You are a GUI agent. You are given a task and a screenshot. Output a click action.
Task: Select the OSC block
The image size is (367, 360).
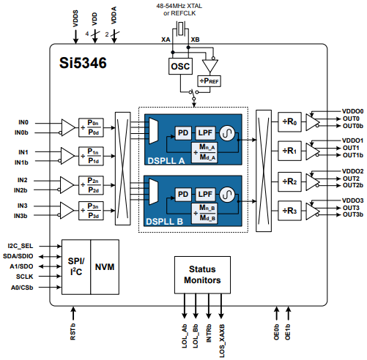(x=179, y=66)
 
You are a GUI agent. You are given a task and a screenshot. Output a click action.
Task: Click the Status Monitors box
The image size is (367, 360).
(x=201, y=275)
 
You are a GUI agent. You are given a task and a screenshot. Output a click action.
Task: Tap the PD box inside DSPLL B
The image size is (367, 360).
(x=183, y=193)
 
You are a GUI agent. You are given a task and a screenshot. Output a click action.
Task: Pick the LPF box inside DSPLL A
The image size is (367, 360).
(x=204, y=132)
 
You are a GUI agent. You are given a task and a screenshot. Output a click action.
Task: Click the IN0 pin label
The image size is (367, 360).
(x=23, y=122)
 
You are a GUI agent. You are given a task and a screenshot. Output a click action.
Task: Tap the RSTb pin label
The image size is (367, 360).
(x=73, y=332)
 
